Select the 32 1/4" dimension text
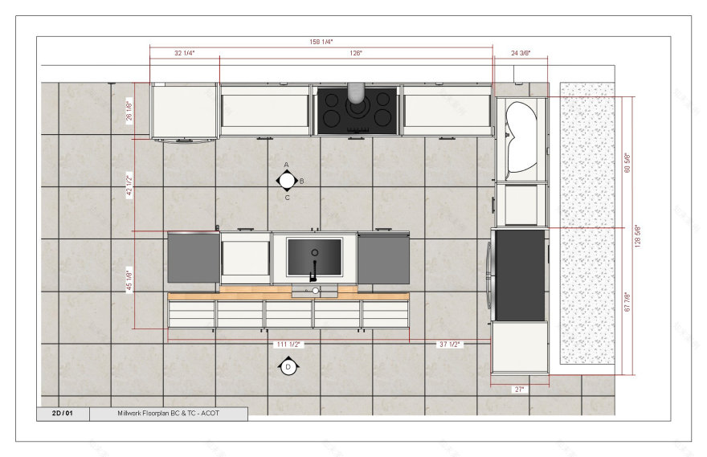point(185,53)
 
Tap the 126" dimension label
point(355,53)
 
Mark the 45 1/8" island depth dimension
point(129,280)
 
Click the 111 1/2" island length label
point(287,344)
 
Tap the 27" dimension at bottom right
point(519,389)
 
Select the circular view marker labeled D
point(288,367)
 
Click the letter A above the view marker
point(287,165)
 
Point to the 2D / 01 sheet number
point(63,414)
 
